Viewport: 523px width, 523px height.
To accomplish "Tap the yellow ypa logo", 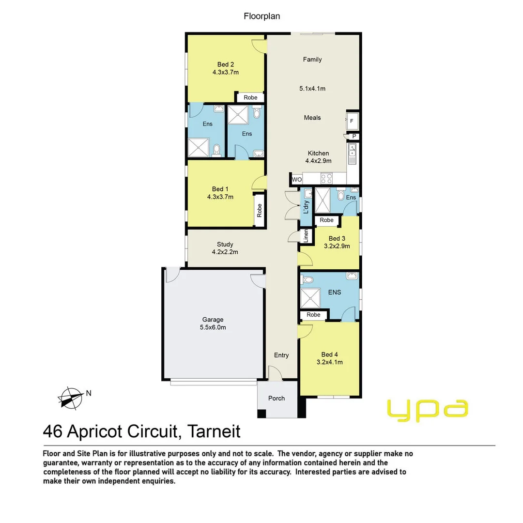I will point(428,410).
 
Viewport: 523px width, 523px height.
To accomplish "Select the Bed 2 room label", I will point(226,64).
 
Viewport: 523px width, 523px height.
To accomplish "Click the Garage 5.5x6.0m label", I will point(213,323).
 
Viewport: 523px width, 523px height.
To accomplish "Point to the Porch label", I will point(277,398).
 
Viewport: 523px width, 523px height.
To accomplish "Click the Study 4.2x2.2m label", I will point(225,248).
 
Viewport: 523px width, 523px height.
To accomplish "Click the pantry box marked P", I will point(354,137).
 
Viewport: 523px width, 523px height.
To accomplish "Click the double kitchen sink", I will point(352,154).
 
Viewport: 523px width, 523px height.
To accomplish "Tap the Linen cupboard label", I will point(306,235).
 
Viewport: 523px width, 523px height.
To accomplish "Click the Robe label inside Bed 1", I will point(259,210).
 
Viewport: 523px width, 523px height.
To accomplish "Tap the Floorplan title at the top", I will point(261,16).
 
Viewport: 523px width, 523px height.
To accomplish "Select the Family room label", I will point(312,60).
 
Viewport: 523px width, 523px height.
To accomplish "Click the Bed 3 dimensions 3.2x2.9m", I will point(337,246).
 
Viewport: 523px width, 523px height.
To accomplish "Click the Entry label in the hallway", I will point(281,355).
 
